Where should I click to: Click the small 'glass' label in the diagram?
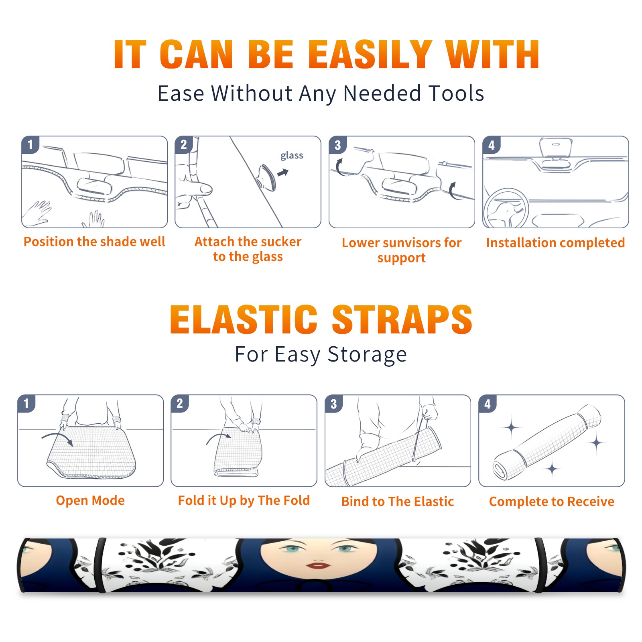point(292,156)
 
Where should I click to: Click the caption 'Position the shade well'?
point(94,242)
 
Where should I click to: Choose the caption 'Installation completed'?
point(555,242)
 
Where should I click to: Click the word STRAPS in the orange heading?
point(402,319)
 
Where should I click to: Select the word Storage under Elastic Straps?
point(367,355)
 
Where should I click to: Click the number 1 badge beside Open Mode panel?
point(26,403)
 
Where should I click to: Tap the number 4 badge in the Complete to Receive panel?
point(488,404)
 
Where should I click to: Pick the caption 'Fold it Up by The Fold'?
point(244,500)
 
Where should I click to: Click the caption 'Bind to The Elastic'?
point(398,501)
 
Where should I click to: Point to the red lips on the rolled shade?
point(318,566)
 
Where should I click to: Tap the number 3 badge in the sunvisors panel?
point(337,145)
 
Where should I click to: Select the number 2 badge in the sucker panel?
point(184,144)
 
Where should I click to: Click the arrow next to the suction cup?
point(283,173)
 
